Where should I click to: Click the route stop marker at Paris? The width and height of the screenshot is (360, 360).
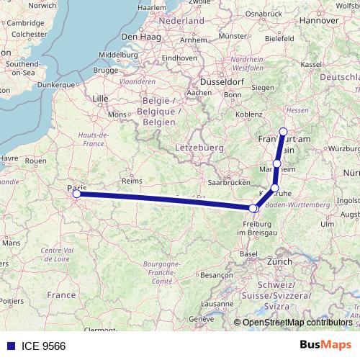click(x=76, y=193)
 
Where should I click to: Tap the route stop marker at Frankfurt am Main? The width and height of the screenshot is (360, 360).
click(x=283, y=132)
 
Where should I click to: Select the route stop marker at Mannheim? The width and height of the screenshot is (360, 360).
click(x=277, y=164)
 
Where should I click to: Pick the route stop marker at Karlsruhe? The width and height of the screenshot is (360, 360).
click(x=274, y=188)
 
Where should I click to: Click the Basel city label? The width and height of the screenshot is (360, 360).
click(x=249, y=253)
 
